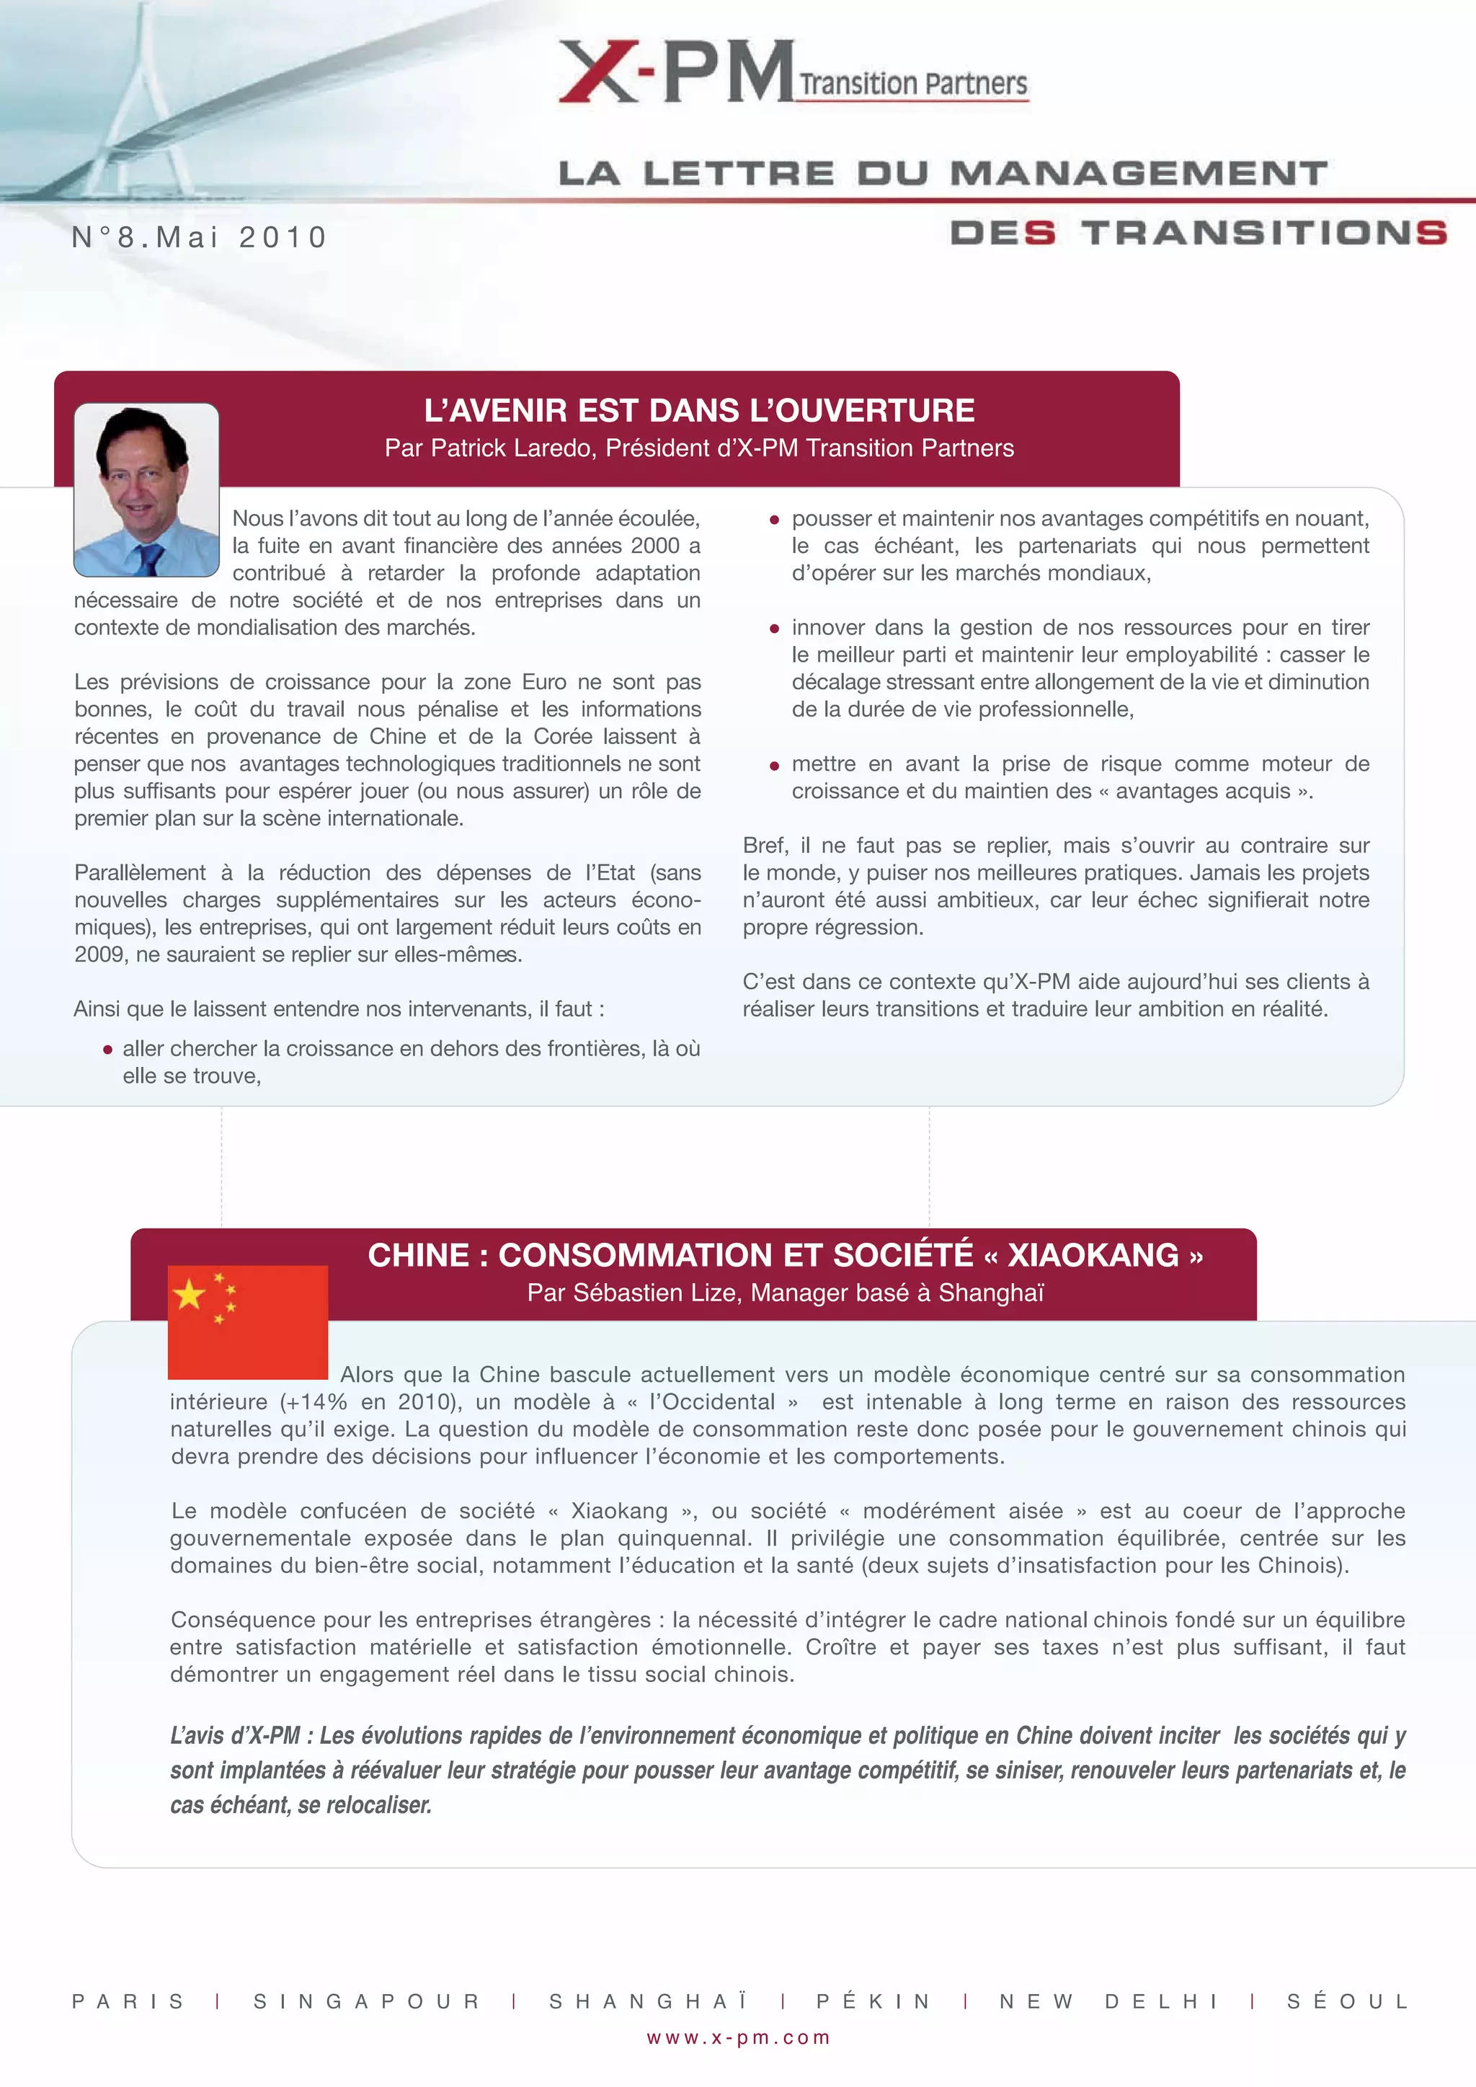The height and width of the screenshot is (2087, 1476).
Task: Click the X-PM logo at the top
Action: pos(677,72)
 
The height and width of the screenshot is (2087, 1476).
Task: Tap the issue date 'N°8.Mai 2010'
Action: pos(199,237)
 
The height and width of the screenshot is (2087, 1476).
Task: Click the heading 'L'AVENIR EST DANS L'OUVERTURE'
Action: pos(699,411)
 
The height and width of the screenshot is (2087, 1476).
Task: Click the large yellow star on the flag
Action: pos(189,1293)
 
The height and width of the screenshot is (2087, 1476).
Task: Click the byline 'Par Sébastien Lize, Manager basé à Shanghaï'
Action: pos(786,1293)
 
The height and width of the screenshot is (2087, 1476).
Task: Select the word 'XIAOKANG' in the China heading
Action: pos(1093,1255)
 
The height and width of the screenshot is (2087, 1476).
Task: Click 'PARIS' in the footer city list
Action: pos(128,2000)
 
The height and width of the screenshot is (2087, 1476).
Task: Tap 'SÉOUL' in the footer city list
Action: pos(1348,2000)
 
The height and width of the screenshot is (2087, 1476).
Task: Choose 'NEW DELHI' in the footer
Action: pos(1109,2000)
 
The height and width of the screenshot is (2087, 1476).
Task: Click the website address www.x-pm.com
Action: pos(738,2037)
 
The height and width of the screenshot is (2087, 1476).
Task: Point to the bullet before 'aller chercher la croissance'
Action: pos(107,1050)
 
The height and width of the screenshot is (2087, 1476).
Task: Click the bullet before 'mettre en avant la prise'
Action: pos(774,766)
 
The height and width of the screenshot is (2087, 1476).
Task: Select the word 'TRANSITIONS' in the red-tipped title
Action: pos(1263,233)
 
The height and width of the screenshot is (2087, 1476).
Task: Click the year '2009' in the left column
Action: pos(99,954)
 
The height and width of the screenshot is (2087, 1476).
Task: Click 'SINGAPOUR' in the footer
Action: pos(366,2000)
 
